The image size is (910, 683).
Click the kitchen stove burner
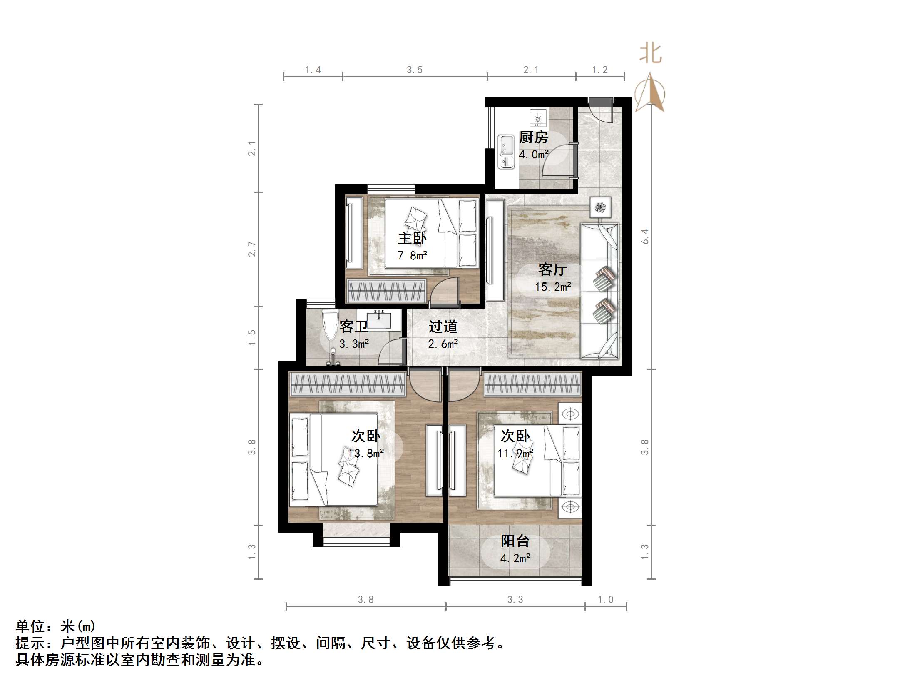point(538,117)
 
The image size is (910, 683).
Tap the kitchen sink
point(507,152)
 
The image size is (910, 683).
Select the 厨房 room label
point(533,137)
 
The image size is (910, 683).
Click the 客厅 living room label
point(552,269)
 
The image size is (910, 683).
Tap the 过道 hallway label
point(443,327)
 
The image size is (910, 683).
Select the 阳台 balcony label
point(515,541)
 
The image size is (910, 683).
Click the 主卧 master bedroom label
point(412,238)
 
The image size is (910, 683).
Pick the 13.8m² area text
point(366,453)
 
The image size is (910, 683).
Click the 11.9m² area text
point(515,453)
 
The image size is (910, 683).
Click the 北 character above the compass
point(650,54)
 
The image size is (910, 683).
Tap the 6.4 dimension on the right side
point(645,236)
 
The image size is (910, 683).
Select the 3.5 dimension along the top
point(415,70)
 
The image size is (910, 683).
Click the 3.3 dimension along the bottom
point(515,599)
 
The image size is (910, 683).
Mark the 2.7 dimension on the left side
point(252,249)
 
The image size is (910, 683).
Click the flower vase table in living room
point(600,207)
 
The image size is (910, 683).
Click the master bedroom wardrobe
point(386,290)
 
